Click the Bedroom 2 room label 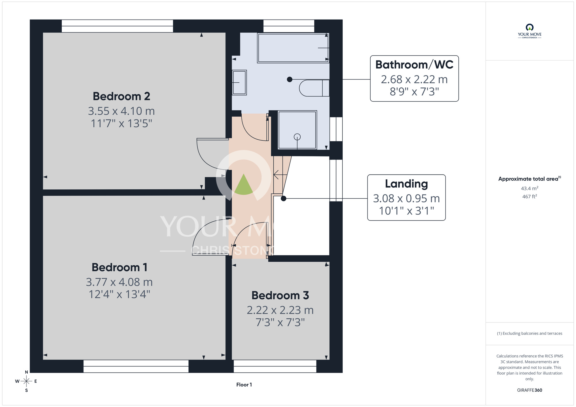coord(122,96)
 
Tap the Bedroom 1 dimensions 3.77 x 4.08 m coord(119,282)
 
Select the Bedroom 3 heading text coord(280,295)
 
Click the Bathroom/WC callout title coord(414,65)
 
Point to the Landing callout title coord(406,184)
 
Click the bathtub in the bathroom coord(293,48)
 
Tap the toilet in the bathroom coord(314,88)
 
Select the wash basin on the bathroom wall coord(239,83)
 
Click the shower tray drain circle coord(297,137)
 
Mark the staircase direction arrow coord(280,175)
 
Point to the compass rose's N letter coord(26,372)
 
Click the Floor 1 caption coord(244,385)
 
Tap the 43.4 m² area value coord(530,188)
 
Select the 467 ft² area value coord(530,197)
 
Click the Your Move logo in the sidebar coord(530,31)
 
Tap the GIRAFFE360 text coord(530,390)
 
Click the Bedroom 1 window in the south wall coord(136,366)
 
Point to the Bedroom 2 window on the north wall coord(117,26)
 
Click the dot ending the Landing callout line coord(284,198)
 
